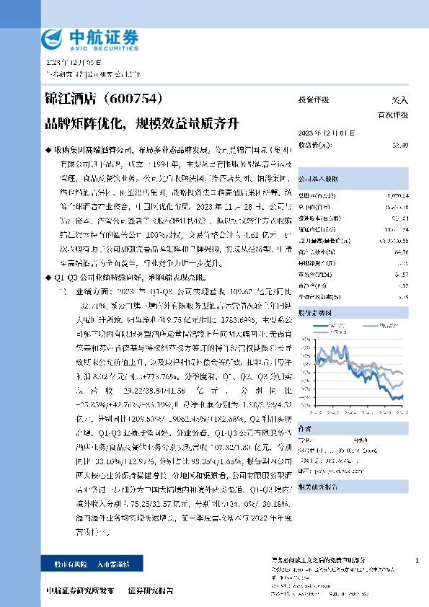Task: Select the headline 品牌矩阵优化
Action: [78, 123]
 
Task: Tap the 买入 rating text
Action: [399, 102]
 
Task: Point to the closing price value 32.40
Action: [400, 145]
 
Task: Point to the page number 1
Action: [417, 561]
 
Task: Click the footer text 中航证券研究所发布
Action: [80, 590]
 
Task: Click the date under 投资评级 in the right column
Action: [322, 134]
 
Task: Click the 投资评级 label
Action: [314, 102]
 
